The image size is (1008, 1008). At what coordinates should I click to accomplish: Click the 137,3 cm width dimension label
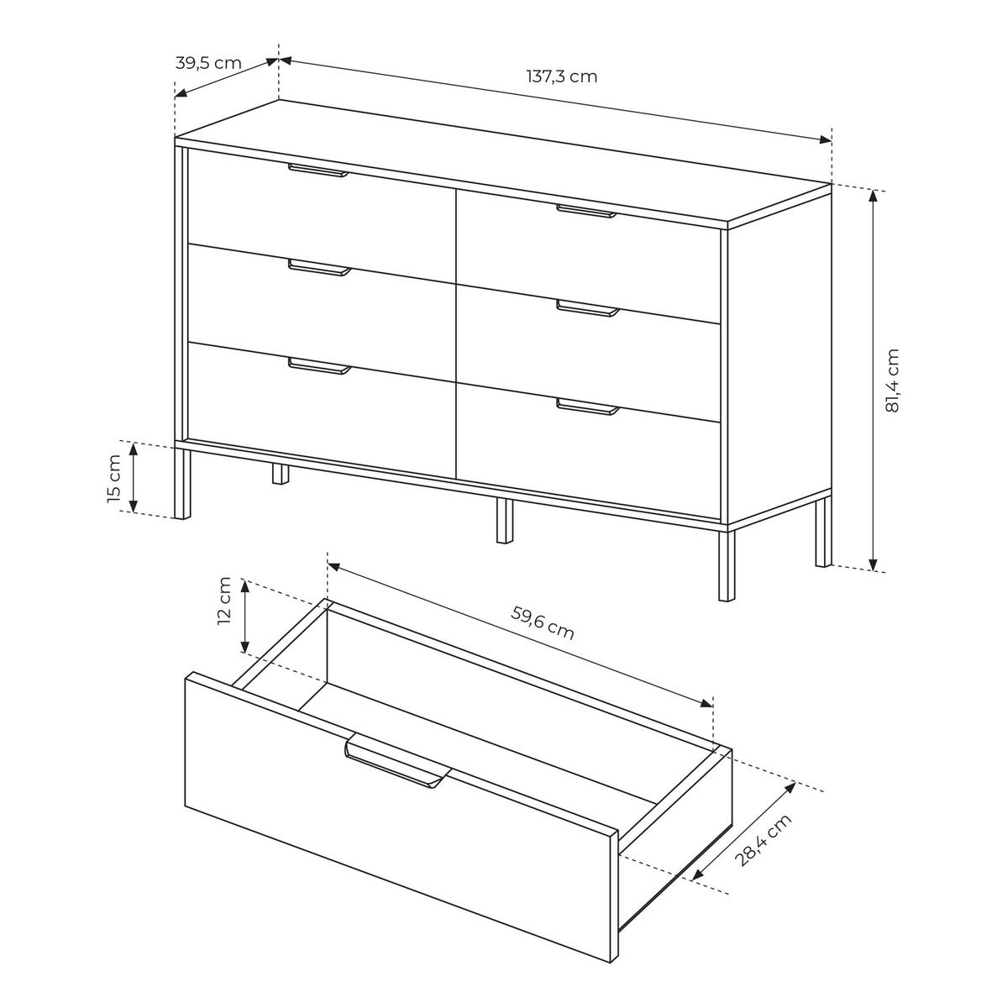[561, 77]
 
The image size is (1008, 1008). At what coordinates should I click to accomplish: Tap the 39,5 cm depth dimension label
[208, 63]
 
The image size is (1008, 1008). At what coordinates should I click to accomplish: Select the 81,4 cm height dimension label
[892, 381]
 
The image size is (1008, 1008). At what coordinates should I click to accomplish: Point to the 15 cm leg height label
[114, 479]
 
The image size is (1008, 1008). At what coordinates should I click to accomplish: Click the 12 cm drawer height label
[224, 601]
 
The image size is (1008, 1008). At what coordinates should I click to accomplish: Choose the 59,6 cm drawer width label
[542, 624]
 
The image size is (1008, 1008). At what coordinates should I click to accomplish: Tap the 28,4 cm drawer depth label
[764, 841]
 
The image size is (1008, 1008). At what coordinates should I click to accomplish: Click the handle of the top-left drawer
[318, 171]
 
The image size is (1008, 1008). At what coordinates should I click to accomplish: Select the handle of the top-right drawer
[587, 212]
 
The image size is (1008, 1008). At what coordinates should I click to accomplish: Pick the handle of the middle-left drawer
[319, 268]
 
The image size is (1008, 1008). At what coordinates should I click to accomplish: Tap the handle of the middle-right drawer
[588, 309]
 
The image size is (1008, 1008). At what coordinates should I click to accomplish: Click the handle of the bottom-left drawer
[319, 366]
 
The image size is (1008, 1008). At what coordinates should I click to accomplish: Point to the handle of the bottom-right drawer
[588, 407]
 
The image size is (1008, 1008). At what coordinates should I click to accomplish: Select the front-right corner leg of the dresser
[727, 566]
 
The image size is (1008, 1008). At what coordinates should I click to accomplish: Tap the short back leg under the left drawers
[281, 474]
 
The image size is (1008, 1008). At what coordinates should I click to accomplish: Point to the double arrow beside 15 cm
[133, 477]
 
